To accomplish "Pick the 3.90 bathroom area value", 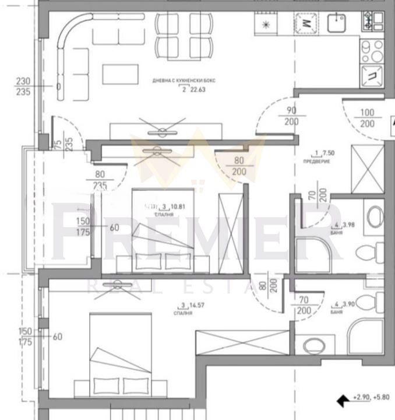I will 351,304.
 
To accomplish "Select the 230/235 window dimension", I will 23,86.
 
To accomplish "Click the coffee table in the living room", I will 121,74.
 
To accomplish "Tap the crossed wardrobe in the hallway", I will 367,169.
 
